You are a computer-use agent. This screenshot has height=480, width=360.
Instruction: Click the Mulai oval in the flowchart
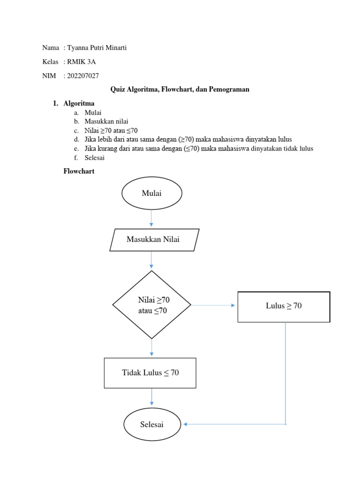151,194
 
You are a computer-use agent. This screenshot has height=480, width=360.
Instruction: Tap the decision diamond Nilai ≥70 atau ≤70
152,305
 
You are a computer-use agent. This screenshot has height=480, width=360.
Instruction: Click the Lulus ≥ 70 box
284,307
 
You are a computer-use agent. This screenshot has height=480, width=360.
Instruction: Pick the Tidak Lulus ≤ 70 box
150,373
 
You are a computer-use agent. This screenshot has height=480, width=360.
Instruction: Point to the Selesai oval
152,424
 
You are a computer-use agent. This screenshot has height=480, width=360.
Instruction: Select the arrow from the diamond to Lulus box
213,305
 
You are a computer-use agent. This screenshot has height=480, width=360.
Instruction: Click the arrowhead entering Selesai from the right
186,424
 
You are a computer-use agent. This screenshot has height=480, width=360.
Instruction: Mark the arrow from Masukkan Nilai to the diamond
151,260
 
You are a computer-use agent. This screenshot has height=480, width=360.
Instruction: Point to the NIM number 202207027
83,76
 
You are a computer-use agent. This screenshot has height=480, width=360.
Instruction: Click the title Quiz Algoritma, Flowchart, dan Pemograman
180,90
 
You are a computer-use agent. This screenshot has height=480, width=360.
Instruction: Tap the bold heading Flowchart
79,172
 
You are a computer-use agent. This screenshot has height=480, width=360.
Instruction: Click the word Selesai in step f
95,157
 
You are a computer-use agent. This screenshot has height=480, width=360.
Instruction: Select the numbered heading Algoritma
79,104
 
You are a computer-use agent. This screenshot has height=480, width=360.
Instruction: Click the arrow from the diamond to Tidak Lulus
151,348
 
